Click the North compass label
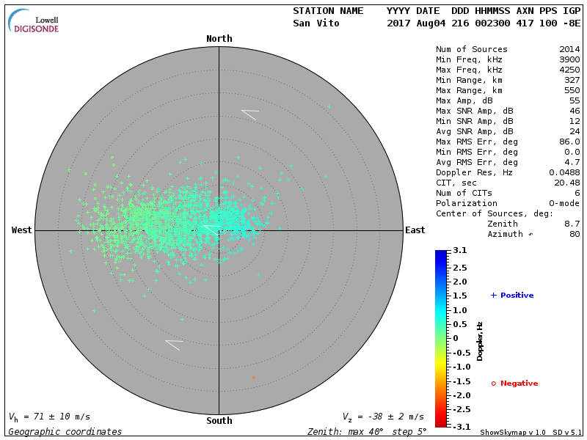[x=219, y=39]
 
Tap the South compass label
[x=219, y=421]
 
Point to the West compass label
[x=22, y=230]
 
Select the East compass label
[x=415, y=230]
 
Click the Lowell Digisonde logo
[x=34, y=21]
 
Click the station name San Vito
[x=317, y=23]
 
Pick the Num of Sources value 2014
[x=569, y=50]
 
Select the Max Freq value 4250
[x=569, y=70]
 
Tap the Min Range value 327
[x=572, y=81]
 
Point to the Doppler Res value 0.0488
[x=564, y=172]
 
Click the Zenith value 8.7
[x=572, y=224]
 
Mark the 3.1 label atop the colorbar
[x=460, y=251]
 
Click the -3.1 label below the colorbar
[x=459, y=426]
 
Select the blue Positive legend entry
[x=513, y=296]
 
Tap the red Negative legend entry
[x=515, y=384]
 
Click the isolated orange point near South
[x=253, y=378]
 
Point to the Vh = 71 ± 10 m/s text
[x=49, y=417]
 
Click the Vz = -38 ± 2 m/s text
[x=383, y=417]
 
